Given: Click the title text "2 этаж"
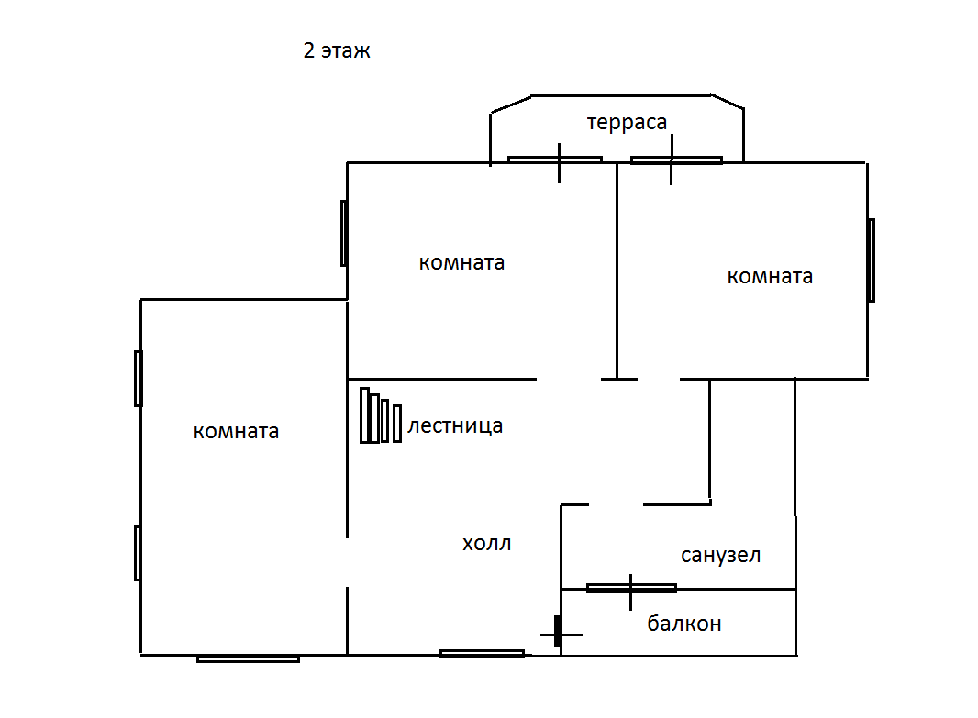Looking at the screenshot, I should (x=337, y=51).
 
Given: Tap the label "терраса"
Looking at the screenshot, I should (x=627, y=122).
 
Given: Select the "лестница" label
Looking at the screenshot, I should (x=455, y=425).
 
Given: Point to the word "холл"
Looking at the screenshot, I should (x=486, y=544).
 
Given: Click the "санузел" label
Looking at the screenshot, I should (x=721, y=555).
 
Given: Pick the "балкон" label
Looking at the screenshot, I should (x=684, y=624).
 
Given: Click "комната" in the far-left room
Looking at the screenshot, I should (x=236, y=431).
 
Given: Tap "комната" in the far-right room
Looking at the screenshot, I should (x=770, y=276).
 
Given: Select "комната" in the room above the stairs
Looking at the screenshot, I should (x=461, y=262).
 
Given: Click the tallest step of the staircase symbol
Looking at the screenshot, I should (x=364, y=415).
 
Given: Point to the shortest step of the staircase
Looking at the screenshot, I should (x=397, y=423).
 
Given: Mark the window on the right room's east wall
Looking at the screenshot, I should (x=871, y=260).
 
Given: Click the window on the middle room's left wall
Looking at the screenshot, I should (x=344, y=233).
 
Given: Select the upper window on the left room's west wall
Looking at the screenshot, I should (x=138, y=378).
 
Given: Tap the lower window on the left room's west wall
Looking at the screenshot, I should (x=138, y=553).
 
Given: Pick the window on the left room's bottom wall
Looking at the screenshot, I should (x=248, y=657).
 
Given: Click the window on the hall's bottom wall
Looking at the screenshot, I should (x=482, y=654).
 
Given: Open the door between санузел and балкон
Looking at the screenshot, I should (x=631, y=588).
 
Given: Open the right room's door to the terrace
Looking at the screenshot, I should (x=675, y=160).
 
